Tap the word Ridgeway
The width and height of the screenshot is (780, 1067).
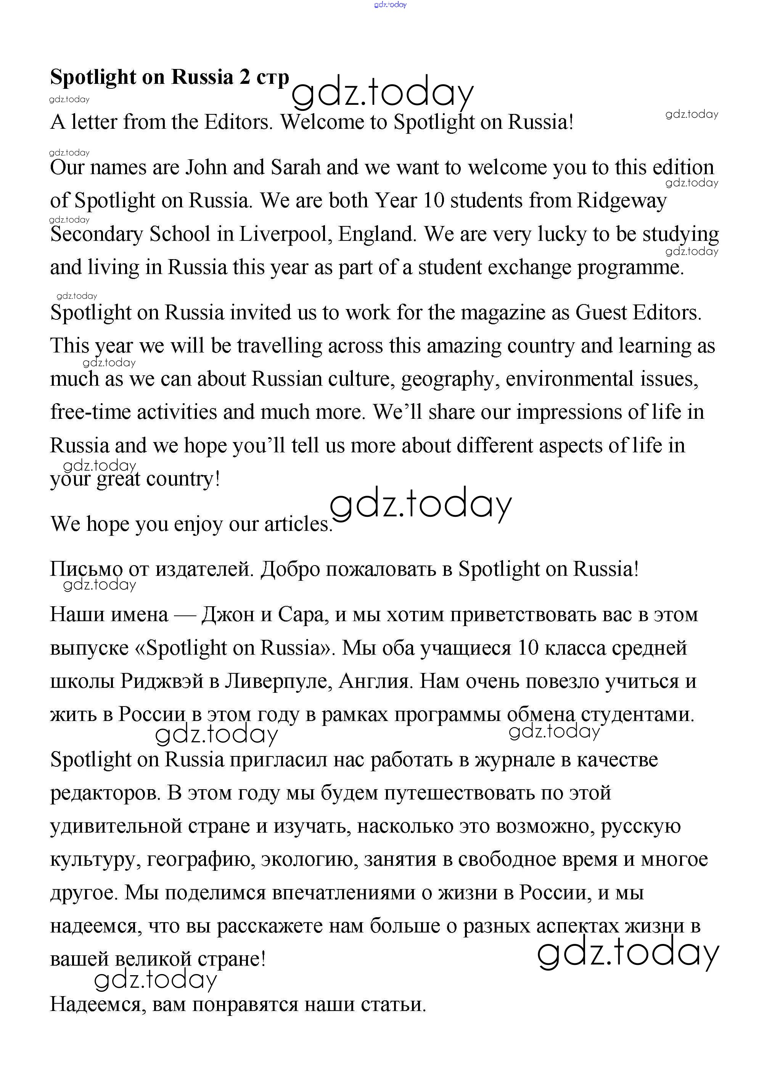(621, 201)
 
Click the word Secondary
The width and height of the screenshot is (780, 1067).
(97, 234)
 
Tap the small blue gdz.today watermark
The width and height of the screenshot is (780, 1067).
(390, 5)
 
